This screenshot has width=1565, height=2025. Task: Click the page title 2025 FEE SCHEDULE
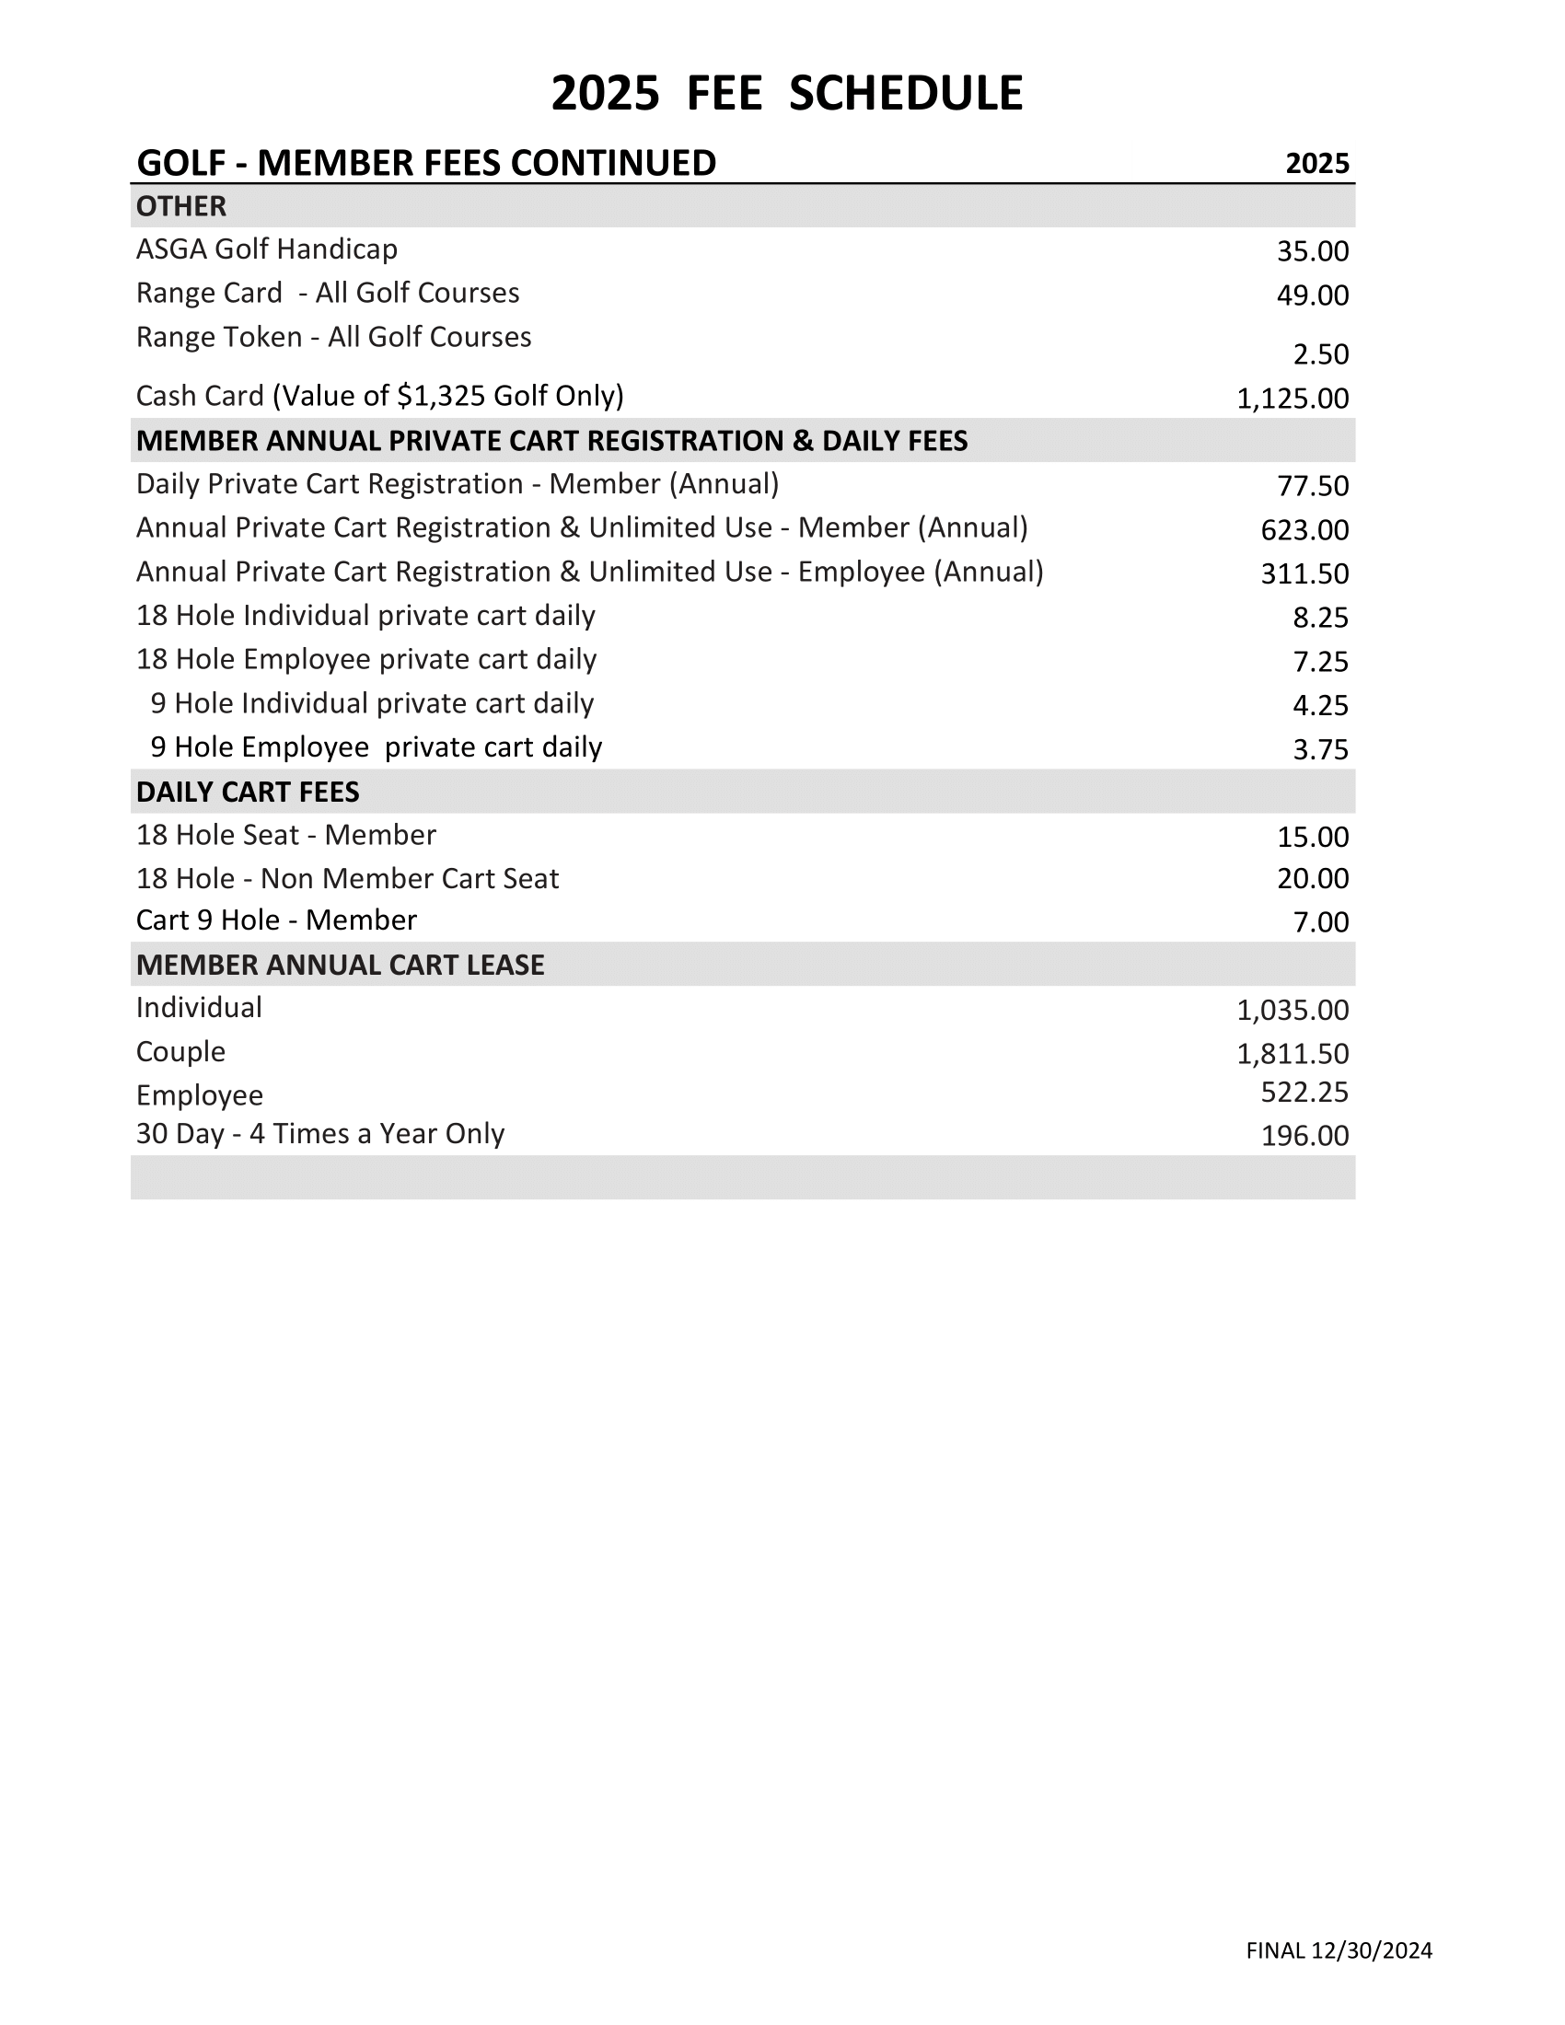pos(786,94)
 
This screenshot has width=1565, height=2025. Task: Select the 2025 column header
pos(1316,164)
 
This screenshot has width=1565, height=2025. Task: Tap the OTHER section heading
pos(180,206)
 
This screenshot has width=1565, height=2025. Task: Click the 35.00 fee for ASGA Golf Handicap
pos(1313,251)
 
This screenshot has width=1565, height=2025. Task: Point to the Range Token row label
pos(334,337)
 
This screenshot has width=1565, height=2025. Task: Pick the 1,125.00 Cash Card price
pos(1293,399)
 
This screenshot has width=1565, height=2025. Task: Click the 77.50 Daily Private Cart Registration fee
pos(1313,486)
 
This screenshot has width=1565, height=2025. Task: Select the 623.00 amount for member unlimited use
pos(1304,530)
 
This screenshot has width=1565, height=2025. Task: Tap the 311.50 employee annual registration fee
pos(1304,574)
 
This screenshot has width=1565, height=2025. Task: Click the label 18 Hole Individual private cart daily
pos(365,616)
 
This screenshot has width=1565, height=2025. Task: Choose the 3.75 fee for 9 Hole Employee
pos(1320,749)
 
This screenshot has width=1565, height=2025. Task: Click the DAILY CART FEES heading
pos(248,792)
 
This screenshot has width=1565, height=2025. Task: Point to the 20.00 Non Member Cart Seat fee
pos(1313,878)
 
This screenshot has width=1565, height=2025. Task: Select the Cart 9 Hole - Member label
pos(276,920)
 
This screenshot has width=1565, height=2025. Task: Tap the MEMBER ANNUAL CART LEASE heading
pos(340,965)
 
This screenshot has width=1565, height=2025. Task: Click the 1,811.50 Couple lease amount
pos(1293,1053)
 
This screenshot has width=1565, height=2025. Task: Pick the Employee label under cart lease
pos(200,1096)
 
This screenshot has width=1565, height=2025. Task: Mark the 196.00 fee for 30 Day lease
pos(1304,1136)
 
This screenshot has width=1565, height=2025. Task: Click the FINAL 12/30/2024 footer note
pos(1339,1950)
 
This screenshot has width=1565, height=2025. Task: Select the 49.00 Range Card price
pos(1313,295)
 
